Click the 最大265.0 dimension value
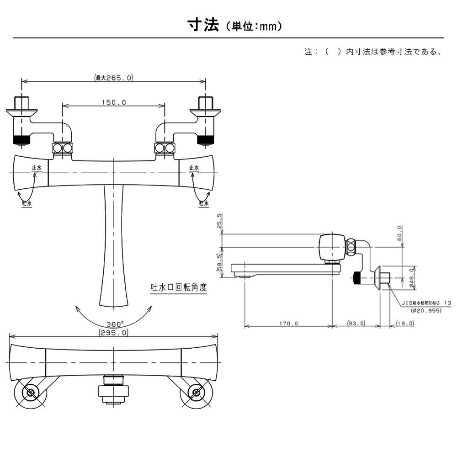pyautogui.click(x=114, y=78)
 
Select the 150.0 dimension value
pyautogui.click(x=113, y=102)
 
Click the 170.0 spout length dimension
pyautogui.click(x=288, y=323)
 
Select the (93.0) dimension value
pyautogui.click(x=356, y=323)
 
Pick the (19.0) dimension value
pyautogui.click(x=404, y=323)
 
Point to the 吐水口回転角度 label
pyautogui.click(x=179, y=288)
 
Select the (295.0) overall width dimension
pyautogui.click(x=113, y=333)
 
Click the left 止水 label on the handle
pyautogui.click(x=37, y=169)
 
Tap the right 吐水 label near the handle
pyautogui.click(x=204, y=203)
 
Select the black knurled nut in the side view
pyautogui.click(x=358, y=277)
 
